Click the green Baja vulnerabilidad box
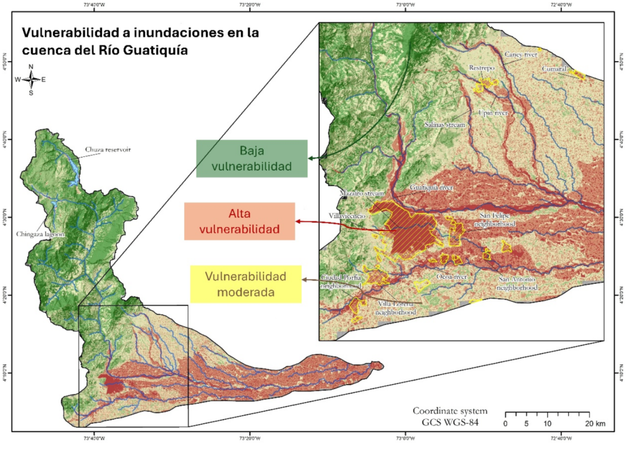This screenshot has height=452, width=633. pyautogui.click(x=252, y=158)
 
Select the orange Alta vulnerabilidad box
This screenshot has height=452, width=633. pyautogui.click(x=239, y=221)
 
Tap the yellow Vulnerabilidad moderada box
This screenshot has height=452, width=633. pyautogui.click(x=245, y=283)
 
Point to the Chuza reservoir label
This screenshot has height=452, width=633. pyautogui.click(x=108, y=150)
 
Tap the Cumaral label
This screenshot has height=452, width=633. pyautogui.click(x=554, y=69)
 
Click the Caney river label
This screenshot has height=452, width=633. pyautogui.click(x=520, y=54)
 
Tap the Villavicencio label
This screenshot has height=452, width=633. pyautogui.click(x=350, y=217)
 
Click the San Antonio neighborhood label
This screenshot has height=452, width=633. pyautogui.click(x=518, y=283)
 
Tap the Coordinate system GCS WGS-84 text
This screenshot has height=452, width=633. pyautogui.click(x=450, y=417)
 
